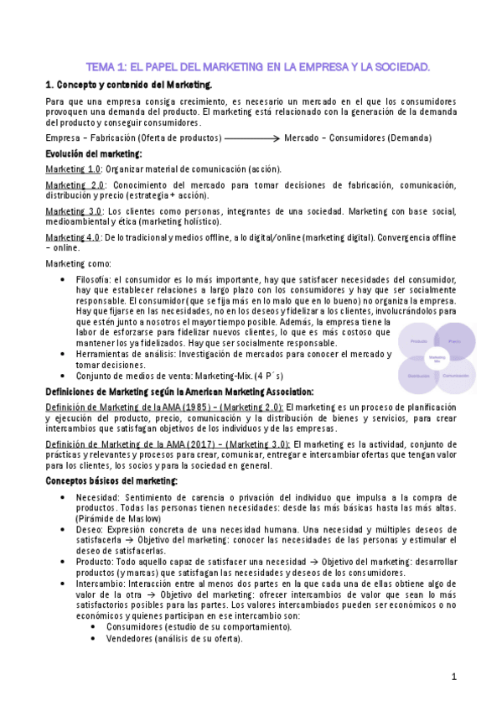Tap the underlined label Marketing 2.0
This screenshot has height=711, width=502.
click(75, 184)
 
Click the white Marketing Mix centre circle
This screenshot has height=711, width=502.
click(436, 359)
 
